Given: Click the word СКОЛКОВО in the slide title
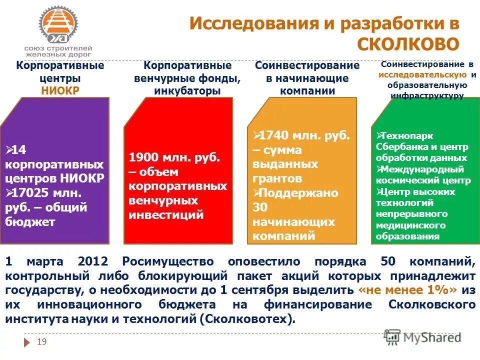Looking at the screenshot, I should (x=407, y=43).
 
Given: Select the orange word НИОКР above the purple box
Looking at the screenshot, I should (x=60, y=90).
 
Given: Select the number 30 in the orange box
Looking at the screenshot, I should (x=260, y=207).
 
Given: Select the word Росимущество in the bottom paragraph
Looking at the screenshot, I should (x=169, y=261).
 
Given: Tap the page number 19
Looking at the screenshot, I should (x=42, y=341).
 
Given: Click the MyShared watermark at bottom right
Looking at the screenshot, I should (x=423, y=337).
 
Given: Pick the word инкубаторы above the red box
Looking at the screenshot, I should (x=187, y=90).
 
